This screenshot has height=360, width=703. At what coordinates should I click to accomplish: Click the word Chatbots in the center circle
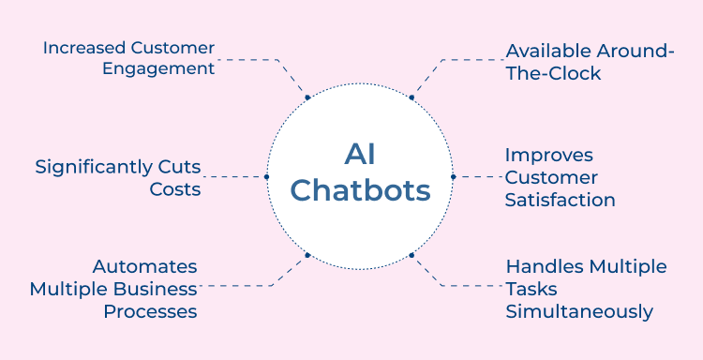coord(360,191)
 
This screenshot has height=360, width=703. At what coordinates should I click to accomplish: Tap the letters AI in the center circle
coord(360,154)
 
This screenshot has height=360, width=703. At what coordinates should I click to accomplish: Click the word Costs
coord(175,188)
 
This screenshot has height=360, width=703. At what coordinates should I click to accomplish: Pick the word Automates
coord(144,266)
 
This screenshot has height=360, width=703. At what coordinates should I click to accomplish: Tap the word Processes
coord(150,310)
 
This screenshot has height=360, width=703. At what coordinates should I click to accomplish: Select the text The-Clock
coord(553,73)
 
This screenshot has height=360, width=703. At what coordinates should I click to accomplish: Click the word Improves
coord(548,155)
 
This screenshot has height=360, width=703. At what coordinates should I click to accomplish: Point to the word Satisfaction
coord(560,200)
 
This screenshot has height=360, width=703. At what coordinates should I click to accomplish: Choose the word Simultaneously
coord(579,311)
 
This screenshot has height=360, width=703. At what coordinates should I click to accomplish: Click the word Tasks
coord(531,289)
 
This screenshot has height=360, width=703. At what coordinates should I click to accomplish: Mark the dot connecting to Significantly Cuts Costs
coord(266,176)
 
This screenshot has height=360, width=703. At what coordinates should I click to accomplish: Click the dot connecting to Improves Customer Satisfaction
coord(453,176)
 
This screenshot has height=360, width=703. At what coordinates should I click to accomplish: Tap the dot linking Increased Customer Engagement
coord(307,97)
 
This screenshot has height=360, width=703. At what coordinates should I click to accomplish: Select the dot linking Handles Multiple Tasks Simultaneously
coord(411,255)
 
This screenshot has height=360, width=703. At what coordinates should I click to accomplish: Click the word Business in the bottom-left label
coord(159,288)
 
